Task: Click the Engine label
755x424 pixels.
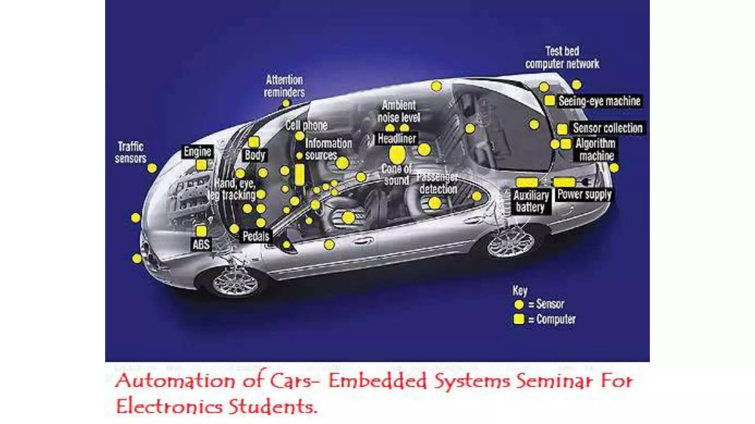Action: [x=198, y=152]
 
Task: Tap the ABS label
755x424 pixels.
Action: [x=201, y=244]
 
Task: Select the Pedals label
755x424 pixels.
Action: [x=256, y=236]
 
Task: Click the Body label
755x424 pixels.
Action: [x=255, y=155]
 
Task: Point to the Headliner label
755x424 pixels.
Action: [x=397, y=139]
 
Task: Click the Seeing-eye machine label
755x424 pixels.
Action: [x=599, y=101]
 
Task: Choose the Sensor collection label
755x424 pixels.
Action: [x=608, y=128]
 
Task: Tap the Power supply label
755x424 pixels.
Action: [x=584, y=194]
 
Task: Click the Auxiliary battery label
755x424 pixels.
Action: [x=531, y=201]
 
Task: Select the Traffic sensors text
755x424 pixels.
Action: [x=131, y=152]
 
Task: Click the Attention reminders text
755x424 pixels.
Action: [x=284, y=86]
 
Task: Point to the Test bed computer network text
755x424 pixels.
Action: [x=562, y=57]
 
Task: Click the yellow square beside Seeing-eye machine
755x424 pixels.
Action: [x=550, y=100]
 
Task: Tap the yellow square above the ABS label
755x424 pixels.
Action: [x=201, y=231]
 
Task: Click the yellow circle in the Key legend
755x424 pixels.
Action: [x=519, y=304]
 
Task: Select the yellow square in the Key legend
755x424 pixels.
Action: [x=519, y=319]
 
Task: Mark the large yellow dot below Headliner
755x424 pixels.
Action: [x=397, y=155]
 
